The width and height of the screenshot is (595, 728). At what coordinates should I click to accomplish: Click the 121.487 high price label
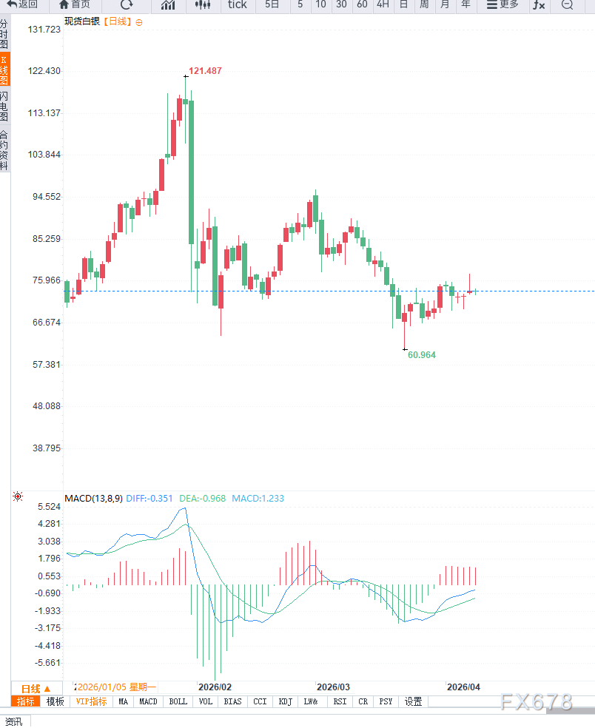(x=205, y=71)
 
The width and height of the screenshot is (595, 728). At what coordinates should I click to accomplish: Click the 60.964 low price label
(x=422, y=355)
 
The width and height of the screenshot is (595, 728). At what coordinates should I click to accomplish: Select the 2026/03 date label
(x=332, y=687)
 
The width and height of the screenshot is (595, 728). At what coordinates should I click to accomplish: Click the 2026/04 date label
(x=463, y=687)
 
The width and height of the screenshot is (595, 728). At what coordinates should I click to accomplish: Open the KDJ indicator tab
(x=285, y=701)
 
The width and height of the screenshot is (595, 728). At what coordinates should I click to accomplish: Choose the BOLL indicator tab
(x=178, y=701)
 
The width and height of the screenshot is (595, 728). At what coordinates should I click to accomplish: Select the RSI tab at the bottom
(x=340, y=701)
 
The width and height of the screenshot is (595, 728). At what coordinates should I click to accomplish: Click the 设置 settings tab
(x=413, y=701)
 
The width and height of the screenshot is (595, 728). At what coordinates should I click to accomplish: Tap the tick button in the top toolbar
(x=238, y=5)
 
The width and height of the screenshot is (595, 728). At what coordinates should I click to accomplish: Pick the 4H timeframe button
(x=383, y=5)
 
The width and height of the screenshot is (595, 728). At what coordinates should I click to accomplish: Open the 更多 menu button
(x=502, y=5)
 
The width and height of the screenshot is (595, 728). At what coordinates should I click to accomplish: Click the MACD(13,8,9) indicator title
(x=93, y=499)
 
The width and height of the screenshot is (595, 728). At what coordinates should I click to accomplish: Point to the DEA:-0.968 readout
(x=202, y=499)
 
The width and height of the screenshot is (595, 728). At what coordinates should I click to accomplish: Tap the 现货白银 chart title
(x=81, y=22)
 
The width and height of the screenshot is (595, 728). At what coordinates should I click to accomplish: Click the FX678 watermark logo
(x=536, y=701)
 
